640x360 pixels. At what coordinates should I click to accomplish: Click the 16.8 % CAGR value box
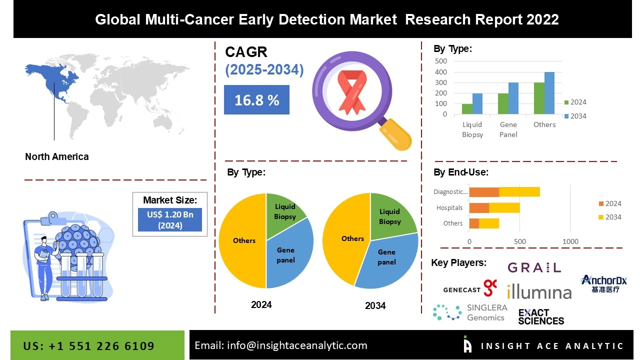[x=256, y=100]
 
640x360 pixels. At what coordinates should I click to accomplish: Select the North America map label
[x=56, y=156]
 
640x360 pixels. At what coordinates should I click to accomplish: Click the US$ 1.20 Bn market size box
[x=169, y=219]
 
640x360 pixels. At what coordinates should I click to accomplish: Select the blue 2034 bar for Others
[x=549, y=93]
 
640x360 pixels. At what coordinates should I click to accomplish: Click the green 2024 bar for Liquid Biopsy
[x=467, y=109]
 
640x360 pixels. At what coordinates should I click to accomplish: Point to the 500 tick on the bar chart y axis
[x=440, y=61]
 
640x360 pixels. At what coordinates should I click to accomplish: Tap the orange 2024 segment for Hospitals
[x=479, y=208]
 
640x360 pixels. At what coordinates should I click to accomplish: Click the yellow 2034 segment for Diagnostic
[x=519, y=192]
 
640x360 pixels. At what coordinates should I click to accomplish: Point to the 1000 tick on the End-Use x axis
[x=570, y=241]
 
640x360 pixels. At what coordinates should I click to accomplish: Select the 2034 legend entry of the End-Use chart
[x=609, y=217]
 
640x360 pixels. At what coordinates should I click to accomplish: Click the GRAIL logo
[x=534, y=268]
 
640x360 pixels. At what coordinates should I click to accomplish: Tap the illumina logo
[x=539, y=291]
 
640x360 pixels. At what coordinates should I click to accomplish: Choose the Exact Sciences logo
[x=541, y=316]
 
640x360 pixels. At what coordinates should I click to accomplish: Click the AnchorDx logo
[x=604, y=283]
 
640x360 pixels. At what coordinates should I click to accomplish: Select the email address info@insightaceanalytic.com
[x=280, y=345]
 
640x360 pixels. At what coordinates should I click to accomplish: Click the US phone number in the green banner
[x=89, y=346]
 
